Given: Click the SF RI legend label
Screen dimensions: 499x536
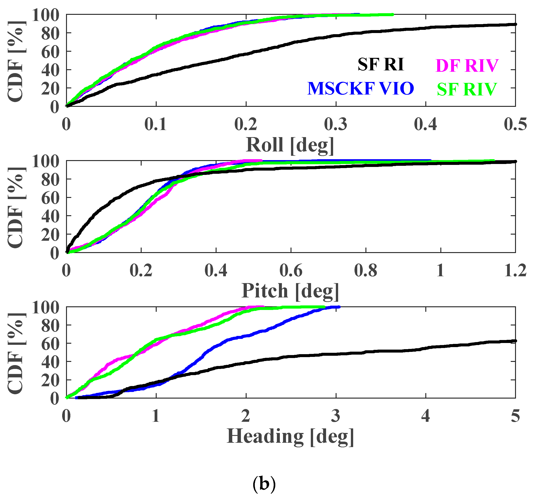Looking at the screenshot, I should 380,65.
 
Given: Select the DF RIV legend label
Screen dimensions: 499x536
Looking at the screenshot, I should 467,66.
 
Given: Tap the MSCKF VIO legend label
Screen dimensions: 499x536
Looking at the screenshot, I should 360,88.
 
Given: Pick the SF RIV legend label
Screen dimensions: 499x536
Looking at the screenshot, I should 467,90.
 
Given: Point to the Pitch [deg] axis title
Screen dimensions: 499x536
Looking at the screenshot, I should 290,291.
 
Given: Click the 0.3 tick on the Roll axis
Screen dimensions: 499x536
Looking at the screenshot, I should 336,125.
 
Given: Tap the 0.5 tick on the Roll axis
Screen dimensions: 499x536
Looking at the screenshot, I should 515,125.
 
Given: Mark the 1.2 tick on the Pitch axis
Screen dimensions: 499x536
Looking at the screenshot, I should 515,271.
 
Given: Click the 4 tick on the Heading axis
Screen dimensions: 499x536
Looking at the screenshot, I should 426,416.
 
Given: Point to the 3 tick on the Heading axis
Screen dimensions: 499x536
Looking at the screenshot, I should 336,416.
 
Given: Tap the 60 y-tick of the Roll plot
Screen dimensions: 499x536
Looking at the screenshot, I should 50,52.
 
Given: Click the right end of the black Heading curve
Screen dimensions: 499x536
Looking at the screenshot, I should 515,341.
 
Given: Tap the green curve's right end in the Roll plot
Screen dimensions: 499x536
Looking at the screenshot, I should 393,15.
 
